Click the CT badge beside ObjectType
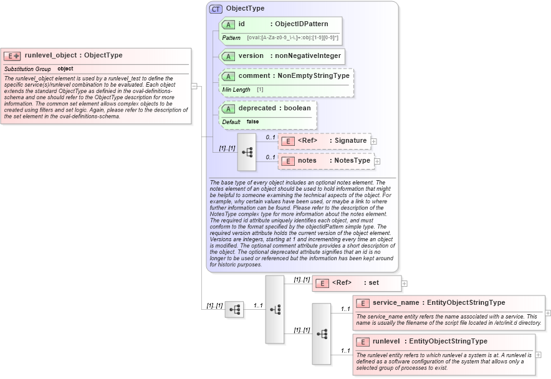click(216, 9)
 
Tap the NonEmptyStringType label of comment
click(314, 76)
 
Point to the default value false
click(252, 122)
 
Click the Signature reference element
click(324, 141)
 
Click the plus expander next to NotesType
click(377, 161)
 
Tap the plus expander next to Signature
click(373, 142)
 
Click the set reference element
click(356, 283)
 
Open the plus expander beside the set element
click(405, 284)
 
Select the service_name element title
click(395, 303)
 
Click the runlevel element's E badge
click(362, 342)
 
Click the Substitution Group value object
click(65, 69)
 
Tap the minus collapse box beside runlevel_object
click(194, 87)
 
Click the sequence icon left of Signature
click(247, 151)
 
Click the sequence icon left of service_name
click(322, 333)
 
